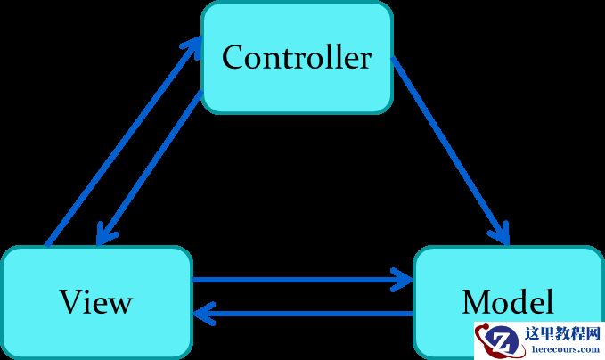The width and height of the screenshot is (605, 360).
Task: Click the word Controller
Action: (297, 58)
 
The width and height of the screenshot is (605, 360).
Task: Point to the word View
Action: (96, 302)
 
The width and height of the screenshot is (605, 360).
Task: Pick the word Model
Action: (508, 302)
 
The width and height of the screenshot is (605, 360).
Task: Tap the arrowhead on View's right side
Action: (202, 313)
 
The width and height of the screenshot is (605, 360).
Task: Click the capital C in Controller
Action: (233, 58)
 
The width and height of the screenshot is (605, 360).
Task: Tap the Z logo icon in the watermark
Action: (502, 340)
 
